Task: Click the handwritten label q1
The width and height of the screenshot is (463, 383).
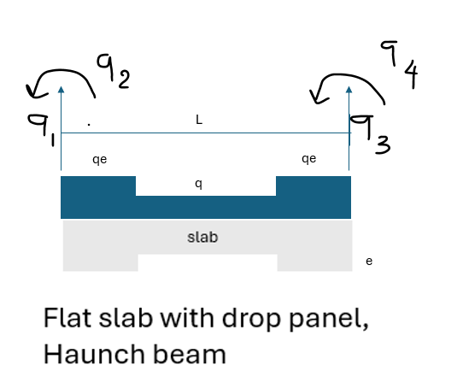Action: pyautogui.click(x=42, y=129)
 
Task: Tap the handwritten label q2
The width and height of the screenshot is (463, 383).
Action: pyautogui.click(x=114, y=71)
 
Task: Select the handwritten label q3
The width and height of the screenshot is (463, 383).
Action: pyautogui.click(x=370, y=134)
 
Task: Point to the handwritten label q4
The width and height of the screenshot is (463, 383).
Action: pyautogui.click(x=399, y=64)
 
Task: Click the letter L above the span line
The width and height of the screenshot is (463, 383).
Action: pyautogui.click(x=199, y=120)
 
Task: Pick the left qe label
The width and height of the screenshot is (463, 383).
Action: pyautogui.click(x=99, y=160)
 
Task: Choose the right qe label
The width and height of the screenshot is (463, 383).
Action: pyautogui.click(x=309, y=159)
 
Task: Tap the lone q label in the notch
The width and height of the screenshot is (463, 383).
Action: pyautogui.click(x=198, y=184)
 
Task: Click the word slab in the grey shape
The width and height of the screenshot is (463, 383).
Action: pyautogui.click(x=202, y=238)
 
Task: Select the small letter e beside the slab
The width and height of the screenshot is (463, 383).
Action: pyautogui.click(x=369, y=262)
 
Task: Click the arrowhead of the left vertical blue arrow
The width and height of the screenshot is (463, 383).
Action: pyautogui.click(x=62, y=90)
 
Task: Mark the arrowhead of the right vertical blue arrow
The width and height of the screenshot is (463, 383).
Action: pyautogui.click(x=349, y=90)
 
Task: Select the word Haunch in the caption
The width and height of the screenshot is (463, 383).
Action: pyautogui.click(x=95, y=354)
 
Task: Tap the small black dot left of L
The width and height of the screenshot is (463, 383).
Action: pyautogui.click(x=89, y=125)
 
